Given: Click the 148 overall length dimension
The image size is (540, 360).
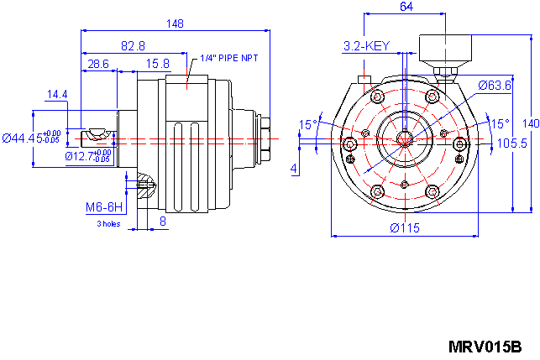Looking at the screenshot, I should (x=175, y=23).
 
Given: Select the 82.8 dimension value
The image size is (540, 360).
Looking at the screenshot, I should (x=132, y=45).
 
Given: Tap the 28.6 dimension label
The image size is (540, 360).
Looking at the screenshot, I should (x=98, y=64).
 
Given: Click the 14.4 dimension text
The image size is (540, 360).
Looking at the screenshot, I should (x=58, y=95).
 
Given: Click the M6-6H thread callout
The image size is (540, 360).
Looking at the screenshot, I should (x=104, y=206).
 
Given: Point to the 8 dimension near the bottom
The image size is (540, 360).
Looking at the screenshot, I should (x=163, y=222).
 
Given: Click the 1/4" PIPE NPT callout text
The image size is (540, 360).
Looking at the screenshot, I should (x=229, y=59).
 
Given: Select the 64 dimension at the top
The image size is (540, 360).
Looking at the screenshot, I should (x=406, y=7).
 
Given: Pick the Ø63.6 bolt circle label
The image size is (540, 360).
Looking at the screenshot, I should (x=495, y=86).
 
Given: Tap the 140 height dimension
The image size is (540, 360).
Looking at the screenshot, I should (x=529, y=123).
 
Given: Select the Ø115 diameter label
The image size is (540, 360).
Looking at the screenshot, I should (x=404, y=228).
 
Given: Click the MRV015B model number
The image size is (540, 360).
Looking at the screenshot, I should (x=485, y=347).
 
